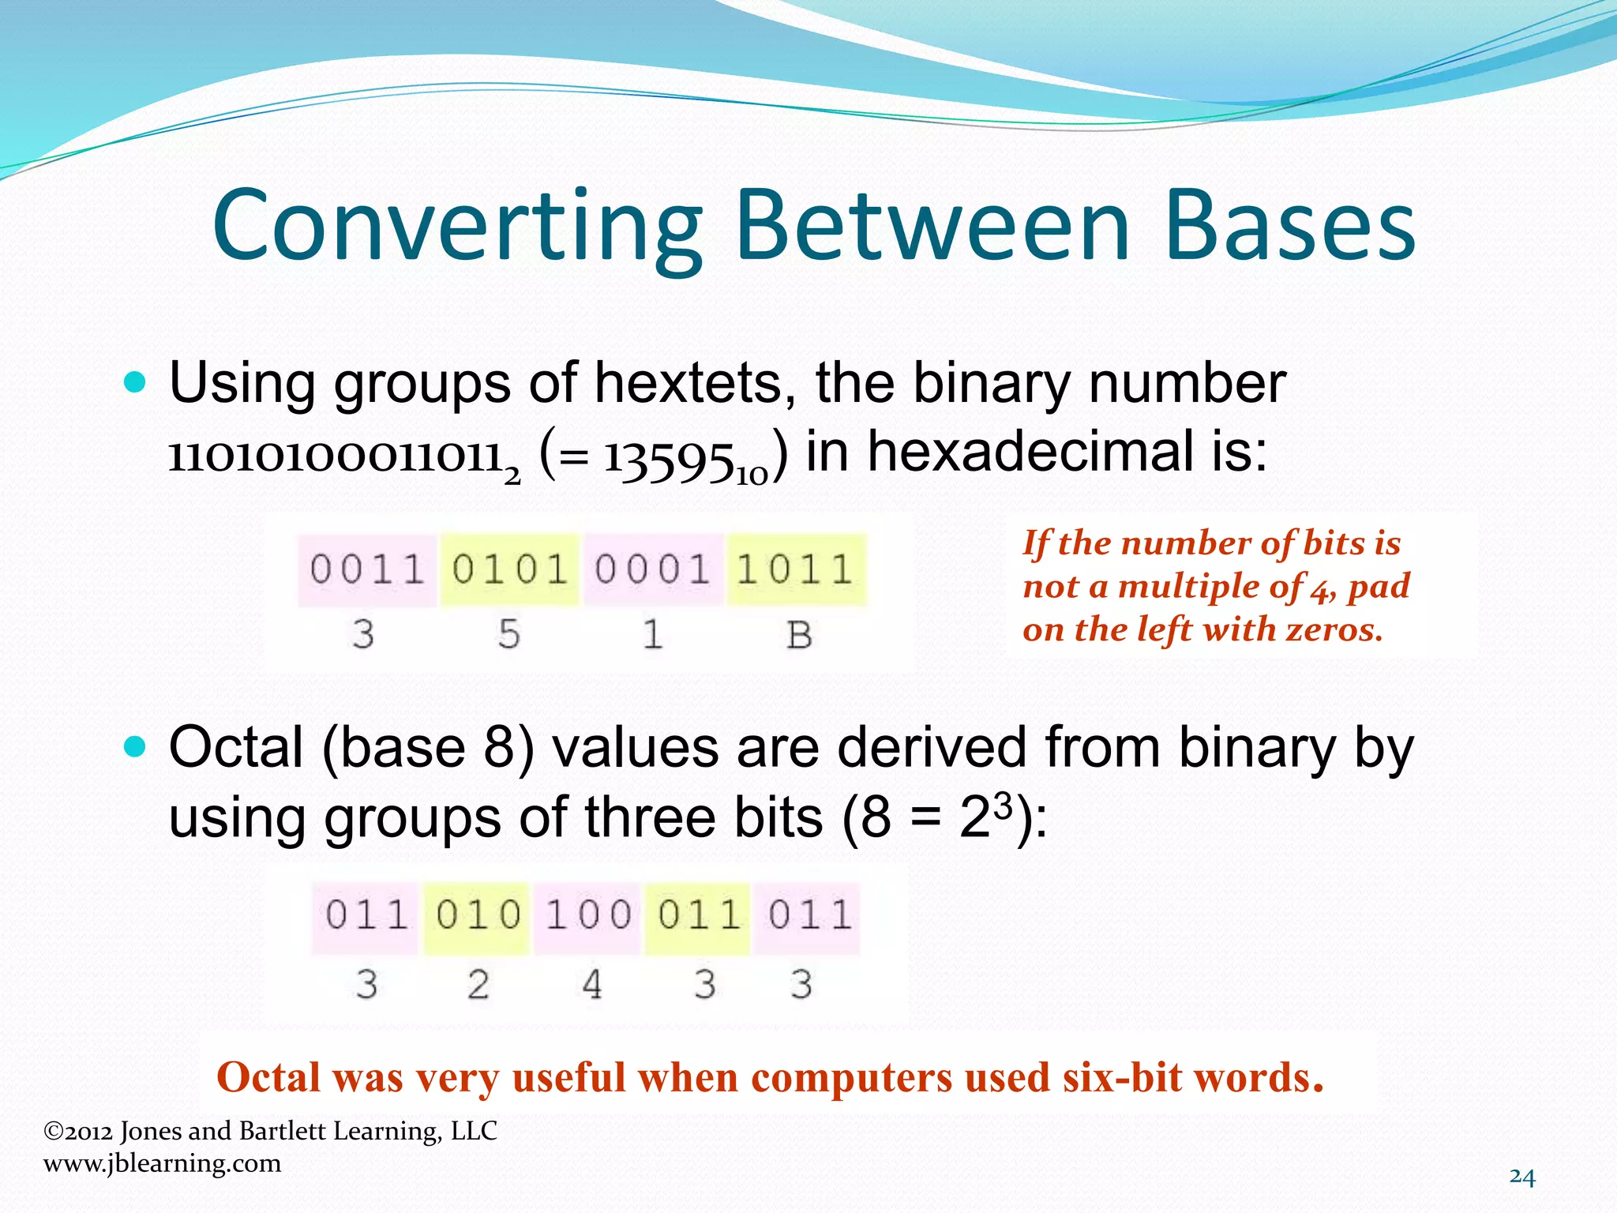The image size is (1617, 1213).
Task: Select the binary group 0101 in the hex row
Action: (510, 569)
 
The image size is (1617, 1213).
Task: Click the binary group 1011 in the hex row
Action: (795, 569)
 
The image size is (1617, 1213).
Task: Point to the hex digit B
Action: (798, 635)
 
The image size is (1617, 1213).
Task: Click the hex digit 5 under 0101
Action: (509, 634)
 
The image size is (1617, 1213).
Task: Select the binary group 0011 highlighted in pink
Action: (367, 569)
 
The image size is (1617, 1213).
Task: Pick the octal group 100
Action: (588, 915)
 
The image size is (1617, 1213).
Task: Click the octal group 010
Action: (478, 915)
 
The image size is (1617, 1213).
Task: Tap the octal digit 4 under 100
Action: (592, 985)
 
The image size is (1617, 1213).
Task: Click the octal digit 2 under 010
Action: (478, 985)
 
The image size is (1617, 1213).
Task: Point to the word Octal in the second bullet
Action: (236, 748)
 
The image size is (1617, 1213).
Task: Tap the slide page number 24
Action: (1521, 1177)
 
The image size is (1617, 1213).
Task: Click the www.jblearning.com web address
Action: (162, 1163)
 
